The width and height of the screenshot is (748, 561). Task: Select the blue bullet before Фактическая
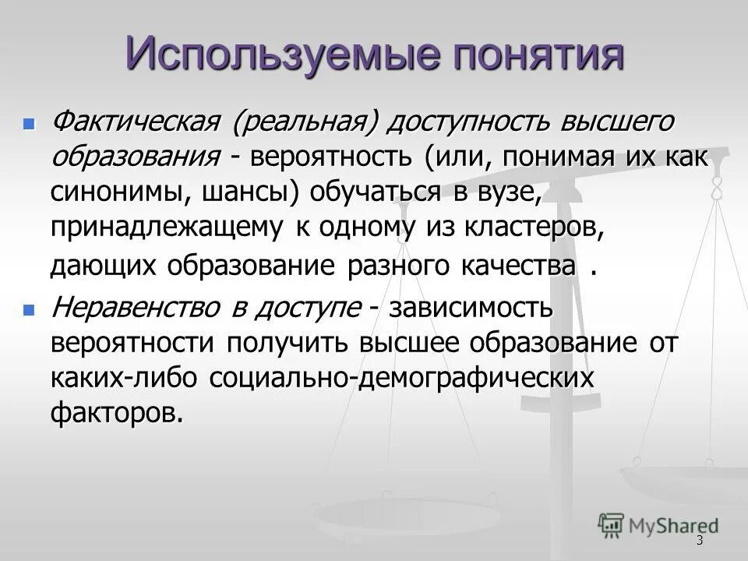pyautogui.click(x=30, y=124)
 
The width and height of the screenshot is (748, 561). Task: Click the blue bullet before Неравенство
pyautogui.click(x=30, y=310)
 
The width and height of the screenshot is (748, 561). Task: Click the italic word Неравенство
pyautogui.click(x=133, y=309)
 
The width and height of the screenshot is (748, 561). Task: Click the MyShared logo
pyautogui.click(x=658, y=524)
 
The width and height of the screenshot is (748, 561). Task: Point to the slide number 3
pyautogui.click(x=700, y=541)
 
